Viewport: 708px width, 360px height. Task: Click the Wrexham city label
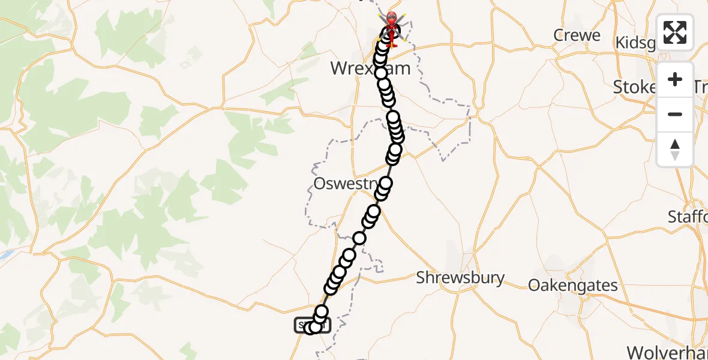coord(370,68)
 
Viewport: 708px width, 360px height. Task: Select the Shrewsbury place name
coord(460,278)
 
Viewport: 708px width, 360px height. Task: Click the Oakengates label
coord(572,285)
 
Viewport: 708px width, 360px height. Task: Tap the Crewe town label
coord(577,35)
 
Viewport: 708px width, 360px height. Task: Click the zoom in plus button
coord(675,80)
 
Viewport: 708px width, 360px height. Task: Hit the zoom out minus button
coord(675,114)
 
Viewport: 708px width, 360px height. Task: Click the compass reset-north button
coord(675,149)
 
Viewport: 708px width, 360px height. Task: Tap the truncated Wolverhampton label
coord(667,352)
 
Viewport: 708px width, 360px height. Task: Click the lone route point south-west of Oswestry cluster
coord(359,238)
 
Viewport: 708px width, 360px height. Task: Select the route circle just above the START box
coord(322,311)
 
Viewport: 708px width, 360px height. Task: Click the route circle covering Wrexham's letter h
coord(380,73)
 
